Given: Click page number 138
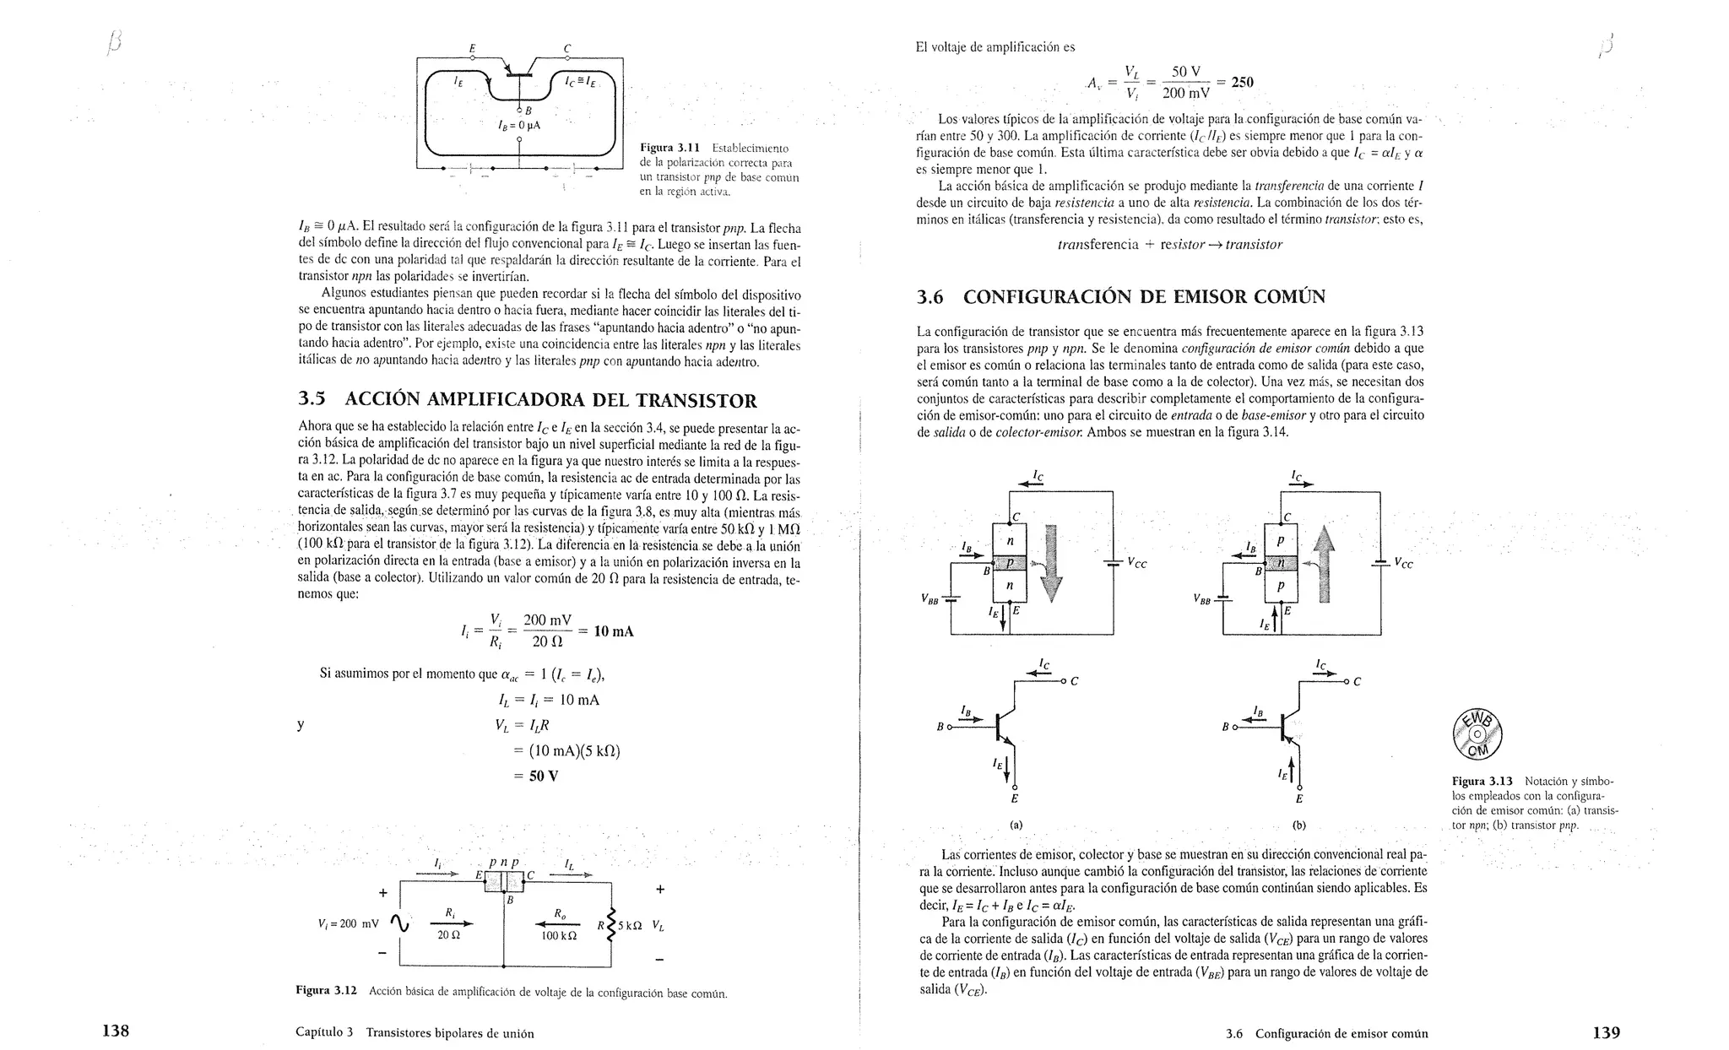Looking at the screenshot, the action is (x=115, y=1031).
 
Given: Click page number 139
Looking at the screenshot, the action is (x=1606, y=1031).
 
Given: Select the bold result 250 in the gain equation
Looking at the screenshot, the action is (x=1242, y=82).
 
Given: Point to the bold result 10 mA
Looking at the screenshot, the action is (x=614, y=631).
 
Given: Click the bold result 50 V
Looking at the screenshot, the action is (x=544, y=776).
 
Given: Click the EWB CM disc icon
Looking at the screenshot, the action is (x=1477, y=733).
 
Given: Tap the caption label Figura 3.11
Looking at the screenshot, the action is (x=673, y=149).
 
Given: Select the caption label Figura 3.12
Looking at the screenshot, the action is (x=327, y=990).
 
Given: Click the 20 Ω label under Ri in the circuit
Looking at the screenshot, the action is (x=449, y=935).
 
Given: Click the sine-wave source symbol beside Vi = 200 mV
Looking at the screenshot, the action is (x=400, y=925).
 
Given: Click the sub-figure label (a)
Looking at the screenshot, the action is (x=1016, y=824).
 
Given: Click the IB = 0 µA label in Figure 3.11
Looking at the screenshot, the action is (x=518, y=125).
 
